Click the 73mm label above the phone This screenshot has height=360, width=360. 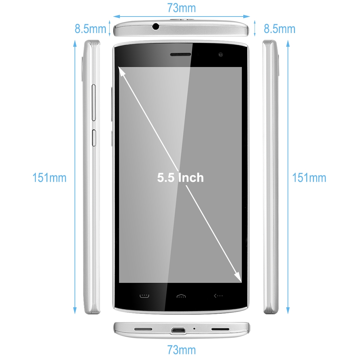[181, 8]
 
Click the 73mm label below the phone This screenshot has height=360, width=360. [181, 350]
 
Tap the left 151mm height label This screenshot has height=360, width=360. [49, 178]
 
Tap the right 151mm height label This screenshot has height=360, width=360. [309, 178]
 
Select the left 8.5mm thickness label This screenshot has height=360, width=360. [90, 29]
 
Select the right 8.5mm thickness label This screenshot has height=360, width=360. [279, 29]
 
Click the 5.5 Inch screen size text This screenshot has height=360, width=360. [180, 178]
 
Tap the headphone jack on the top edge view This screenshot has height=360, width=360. [156, 26]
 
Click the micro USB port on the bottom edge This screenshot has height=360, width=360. [178, 330]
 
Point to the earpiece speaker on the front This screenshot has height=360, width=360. [180, 54]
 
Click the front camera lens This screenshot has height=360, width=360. [221, 54]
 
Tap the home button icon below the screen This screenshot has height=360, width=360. [181, 296]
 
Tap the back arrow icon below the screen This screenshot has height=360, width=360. [218, 296]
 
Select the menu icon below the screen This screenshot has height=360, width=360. [144, 296]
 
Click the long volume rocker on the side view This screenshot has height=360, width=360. [94, 103]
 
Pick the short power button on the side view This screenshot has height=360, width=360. [94, 138]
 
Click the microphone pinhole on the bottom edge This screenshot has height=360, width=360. [194, 329]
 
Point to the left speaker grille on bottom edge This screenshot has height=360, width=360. [143, 329]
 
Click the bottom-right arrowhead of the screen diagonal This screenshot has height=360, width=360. [238, 277]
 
